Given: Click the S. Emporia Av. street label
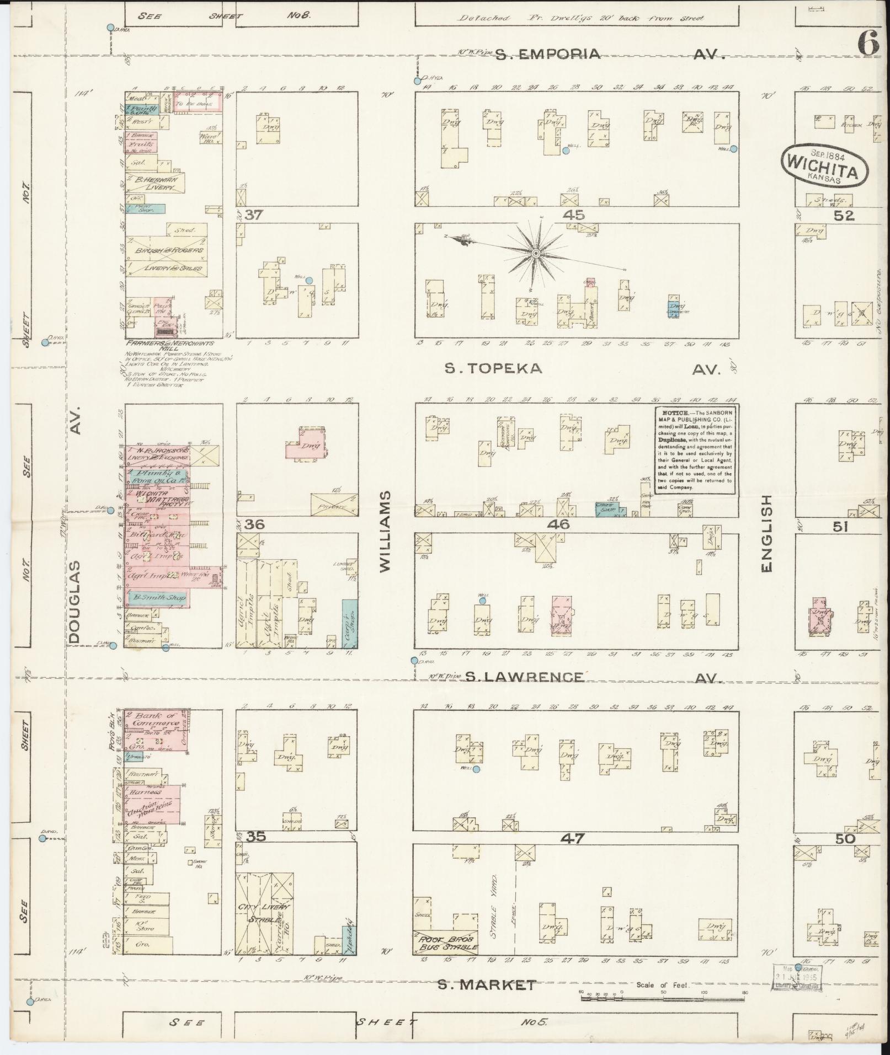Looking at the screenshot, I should tap(607, 54).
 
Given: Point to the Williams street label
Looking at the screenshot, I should tap(386, 531).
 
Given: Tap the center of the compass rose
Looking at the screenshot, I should tap(535, 253).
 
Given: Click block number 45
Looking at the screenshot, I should tap(573, 215).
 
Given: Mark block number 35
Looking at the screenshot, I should tap(257, 837).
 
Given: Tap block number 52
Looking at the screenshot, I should tap(844, 216).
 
